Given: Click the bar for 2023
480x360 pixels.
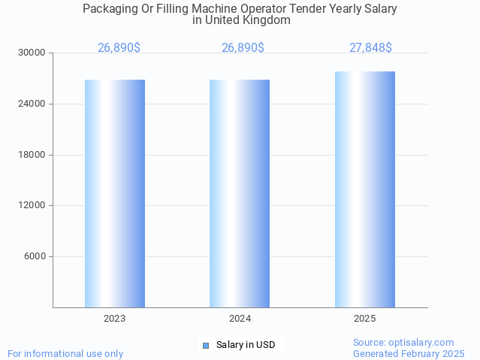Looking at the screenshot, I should pyautogui.click(x=115, y=193).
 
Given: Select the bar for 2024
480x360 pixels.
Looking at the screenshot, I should pyautogui.click(x=240, y=193).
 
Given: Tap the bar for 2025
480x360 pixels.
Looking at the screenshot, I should pyautogui.click(x=365, y=189).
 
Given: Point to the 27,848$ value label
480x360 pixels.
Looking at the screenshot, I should pyautogui.click(x=370, y=48).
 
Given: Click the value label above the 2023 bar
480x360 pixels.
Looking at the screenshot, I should pyautogui.click(x=119, y=48).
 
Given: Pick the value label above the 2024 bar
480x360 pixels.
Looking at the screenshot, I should pyautogui.click(x=243, y=48).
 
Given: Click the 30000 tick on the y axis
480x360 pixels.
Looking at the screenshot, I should pyautogui.click(x=32, y=53).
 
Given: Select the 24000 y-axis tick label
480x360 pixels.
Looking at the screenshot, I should pyautogui.click(x=32, y=104).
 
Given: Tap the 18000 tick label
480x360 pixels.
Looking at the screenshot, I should pyautogui.click(x=32, y=155).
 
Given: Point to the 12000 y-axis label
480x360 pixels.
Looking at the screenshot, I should pyautogui.click(x=32, y=205).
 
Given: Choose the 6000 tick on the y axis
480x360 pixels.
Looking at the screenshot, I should pyautogui.click(x=35, y=256).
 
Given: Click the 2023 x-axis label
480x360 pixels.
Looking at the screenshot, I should pyautogui.click(x=115, y=319).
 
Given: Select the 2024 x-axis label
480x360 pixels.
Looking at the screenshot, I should pyautogui.click(x=240, y=319).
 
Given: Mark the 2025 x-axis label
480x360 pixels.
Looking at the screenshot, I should pyautogui.click(x=365, y=319).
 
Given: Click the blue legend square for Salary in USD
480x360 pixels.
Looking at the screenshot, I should pyautogui.click(x=205, y=346).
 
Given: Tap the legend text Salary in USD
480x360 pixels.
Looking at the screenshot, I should pyautogui.click(x=246, y=346).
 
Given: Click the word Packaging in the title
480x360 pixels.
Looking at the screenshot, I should pyautogui.click(x=110, y=9).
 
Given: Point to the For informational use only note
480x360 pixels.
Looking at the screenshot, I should pyautogui.click(x=65, y=353).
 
